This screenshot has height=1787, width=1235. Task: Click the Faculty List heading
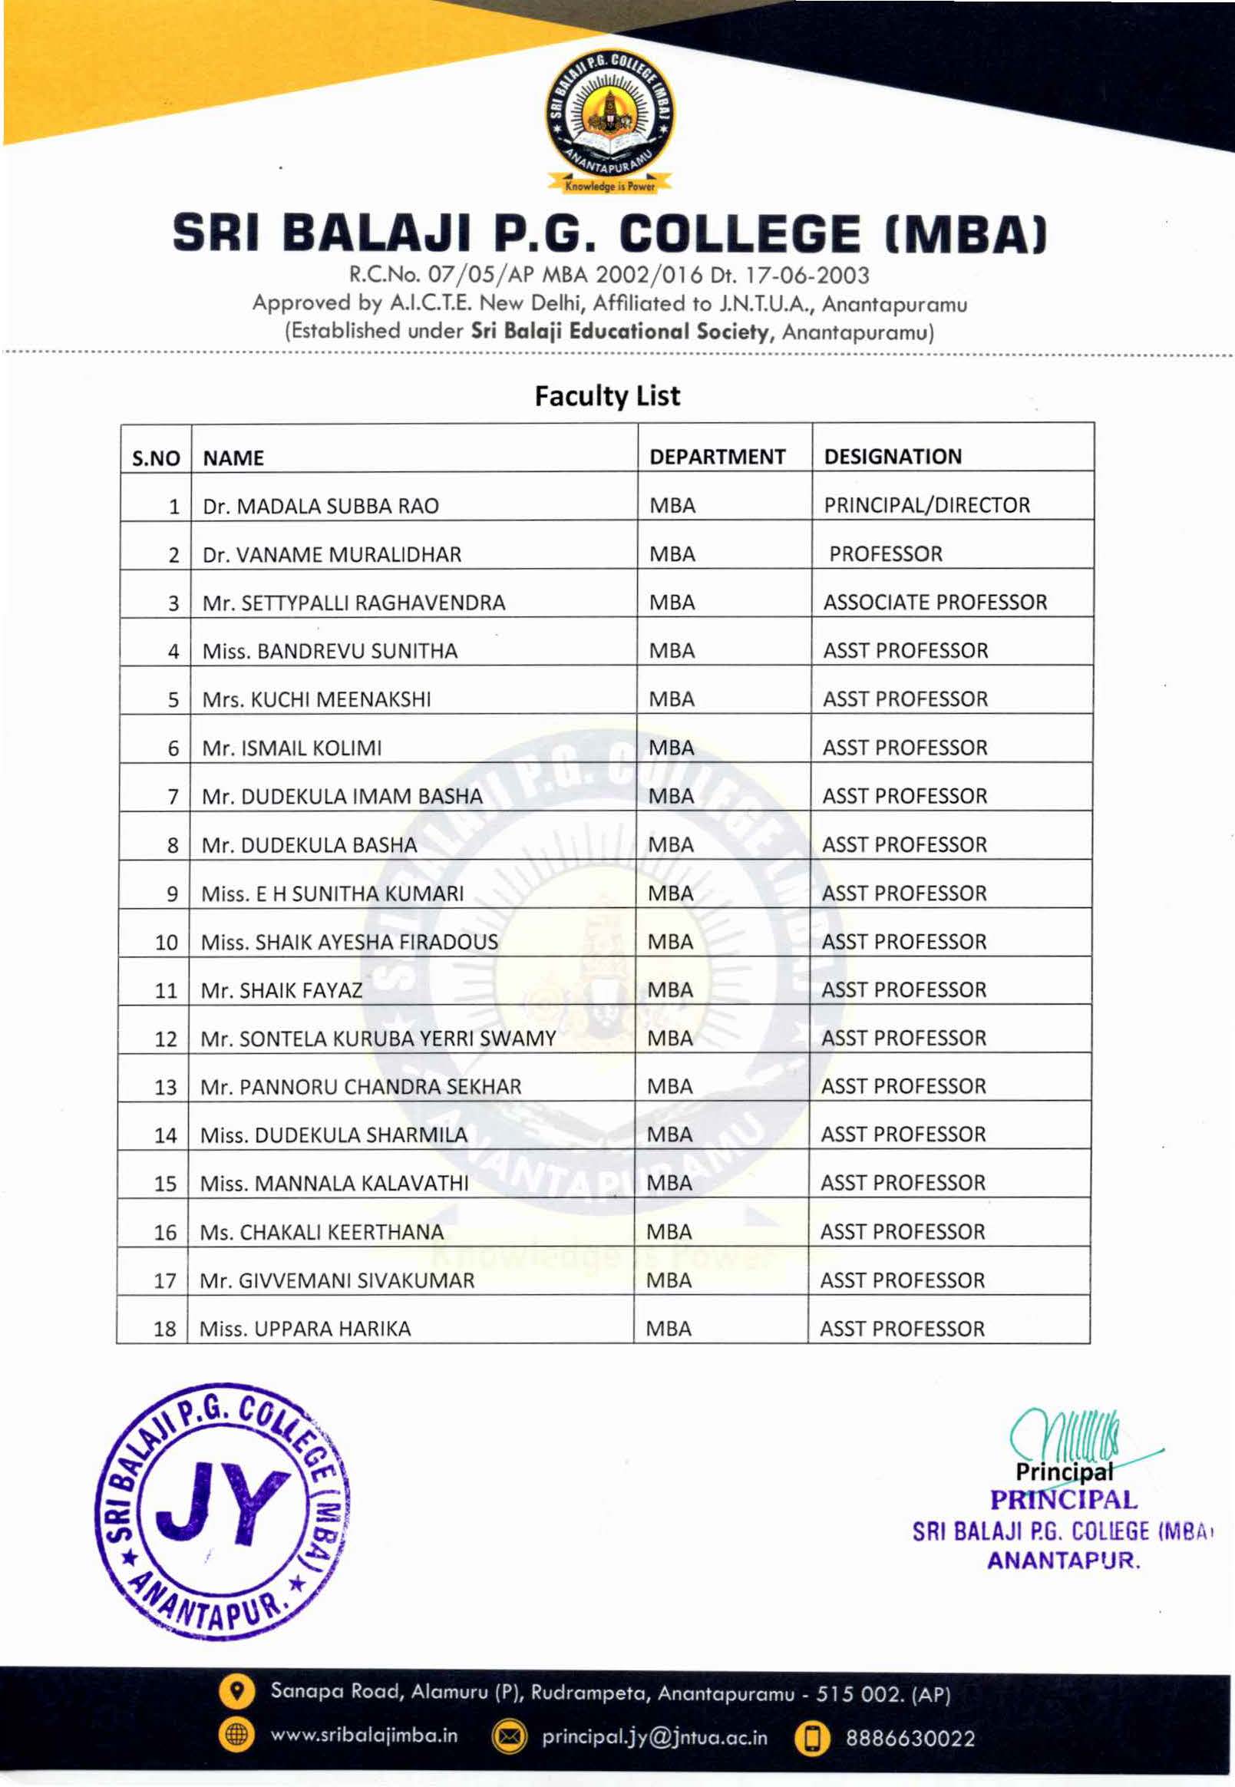(x=607, y=396)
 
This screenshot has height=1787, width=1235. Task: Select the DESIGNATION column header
(x=892, y=457)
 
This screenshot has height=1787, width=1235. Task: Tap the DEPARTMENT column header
(x=718, y=457)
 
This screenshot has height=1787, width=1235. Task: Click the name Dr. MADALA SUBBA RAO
(x=320, y=506)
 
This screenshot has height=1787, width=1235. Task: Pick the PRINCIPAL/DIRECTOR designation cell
(x=926, y=505)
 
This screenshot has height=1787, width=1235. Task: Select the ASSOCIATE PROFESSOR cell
(x=935, y=602)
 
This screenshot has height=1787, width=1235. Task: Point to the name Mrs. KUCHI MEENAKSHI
(x=316, y=699)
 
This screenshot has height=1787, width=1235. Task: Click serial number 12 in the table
(x=166, y=1039)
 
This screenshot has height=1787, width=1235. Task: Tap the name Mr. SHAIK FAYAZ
(x=282, y=991)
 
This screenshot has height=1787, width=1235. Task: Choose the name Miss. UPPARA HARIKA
(x=305, y=1329)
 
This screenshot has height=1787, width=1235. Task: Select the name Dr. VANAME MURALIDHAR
(x=331, y=555)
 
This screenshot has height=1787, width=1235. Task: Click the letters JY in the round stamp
(x=222, y=1501)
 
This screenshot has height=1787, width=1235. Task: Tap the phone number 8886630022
(x=910, y=1738)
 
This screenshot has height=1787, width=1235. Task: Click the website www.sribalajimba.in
(x=364, y=1735)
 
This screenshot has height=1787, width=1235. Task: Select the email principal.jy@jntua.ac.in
(x=655, y=1736)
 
